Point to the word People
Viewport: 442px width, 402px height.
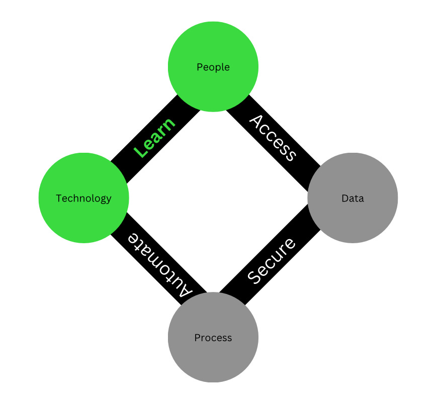click(213, 67)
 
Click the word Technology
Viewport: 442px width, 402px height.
click(83, 198)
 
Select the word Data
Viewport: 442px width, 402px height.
click(352, 198)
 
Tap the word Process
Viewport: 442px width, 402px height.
click(213, 338)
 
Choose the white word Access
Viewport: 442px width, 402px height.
click(273, 137)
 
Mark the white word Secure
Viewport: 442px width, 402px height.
click(272, 260)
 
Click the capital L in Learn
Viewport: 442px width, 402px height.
click(141, 150)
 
